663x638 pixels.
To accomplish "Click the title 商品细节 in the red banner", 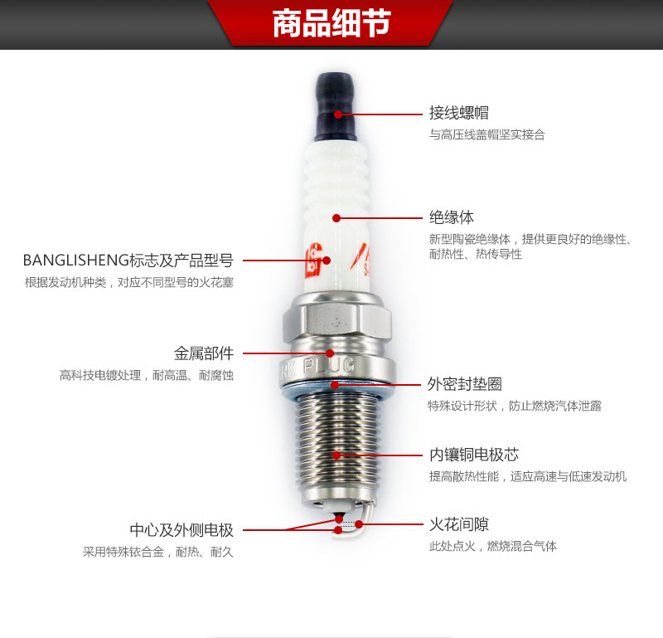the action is [x=331, y=23].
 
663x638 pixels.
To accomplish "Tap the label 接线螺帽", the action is [x=459, y=113].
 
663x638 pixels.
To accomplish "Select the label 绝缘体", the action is [x=452, y=217].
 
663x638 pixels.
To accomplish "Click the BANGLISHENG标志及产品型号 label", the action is [x=128, y=261].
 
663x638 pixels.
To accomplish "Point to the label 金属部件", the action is [x=204, y=353].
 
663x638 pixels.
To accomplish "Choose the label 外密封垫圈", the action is [x=465, y=384].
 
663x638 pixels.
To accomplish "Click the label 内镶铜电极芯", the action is [x=474, y=455].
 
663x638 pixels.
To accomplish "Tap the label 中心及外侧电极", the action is [x=181, y=529].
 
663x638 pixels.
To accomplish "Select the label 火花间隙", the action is [x=459, y=524].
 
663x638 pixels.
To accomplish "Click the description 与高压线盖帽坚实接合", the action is [x=487, y=134].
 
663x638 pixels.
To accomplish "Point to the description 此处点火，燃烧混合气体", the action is [x=493, y=546].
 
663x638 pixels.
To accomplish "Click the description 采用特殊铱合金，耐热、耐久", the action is [x=158, y=552].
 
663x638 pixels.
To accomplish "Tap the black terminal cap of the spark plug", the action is [x=336, y=106].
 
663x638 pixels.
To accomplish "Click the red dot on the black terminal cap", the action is [x=338, y=114].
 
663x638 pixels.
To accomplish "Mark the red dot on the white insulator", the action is [x=336, y=218].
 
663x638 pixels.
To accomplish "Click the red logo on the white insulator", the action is [x=313, y=261].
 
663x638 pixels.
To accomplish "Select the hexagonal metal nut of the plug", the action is [x=336, y=321].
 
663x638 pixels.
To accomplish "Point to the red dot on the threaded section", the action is [x=336, y=455].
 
